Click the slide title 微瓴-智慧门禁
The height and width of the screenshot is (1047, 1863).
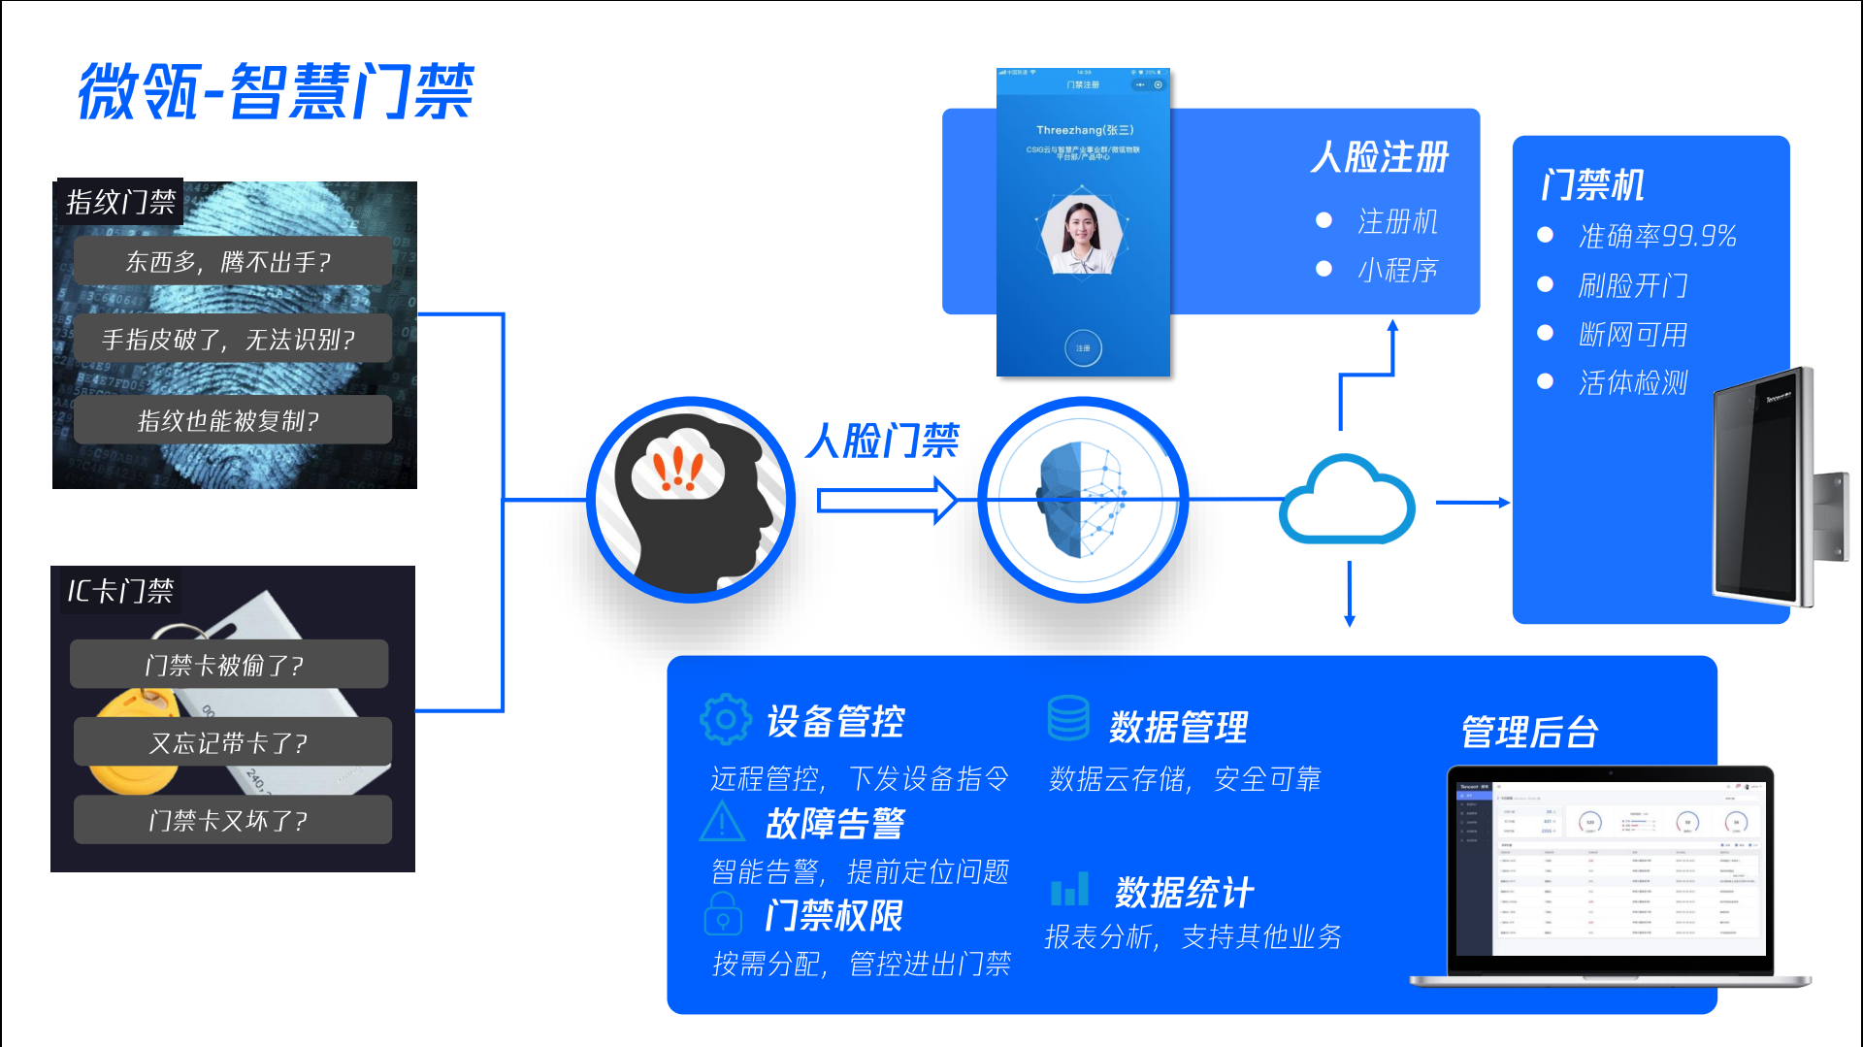coord(276,91)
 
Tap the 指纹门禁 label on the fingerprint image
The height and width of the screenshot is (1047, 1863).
coord(120,202)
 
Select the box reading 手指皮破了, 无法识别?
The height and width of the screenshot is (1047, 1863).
coord(230,339)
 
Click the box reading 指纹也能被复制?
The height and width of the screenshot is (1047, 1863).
coord(230,420)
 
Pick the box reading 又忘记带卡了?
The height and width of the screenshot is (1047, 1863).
coord(230,742)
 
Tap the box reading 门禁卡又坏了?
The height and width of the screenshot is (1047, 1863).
coord(230,820)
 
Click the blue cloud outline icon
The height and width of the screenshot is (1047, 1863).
coord(1347,500)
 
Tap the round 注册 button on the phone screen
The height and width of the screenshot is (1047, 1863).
coord(1083,347)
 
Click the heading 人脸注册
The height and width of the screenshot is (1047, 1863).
coord(1379,157)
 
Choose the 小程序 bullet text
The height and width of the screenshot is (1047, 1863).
coord(1397,270)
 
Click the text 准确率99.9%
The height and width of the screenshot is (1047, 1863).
coord(1657,236)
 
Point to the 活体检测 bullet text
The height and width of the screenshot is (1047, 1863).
coord(1633,382)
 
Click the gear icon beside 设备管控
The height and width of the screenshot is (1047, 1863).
coord(725,720)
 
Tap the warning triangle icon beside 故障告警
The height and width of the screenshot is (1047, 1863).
coord(722,822)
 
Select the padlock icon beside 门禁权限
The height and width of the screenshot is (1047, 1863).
coord(723,914)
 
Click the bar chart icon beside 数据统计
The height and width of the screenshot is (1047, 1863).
coord(1069,889)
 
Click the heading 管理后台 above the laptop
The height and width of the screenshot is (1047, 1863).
coord(1529,732)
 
